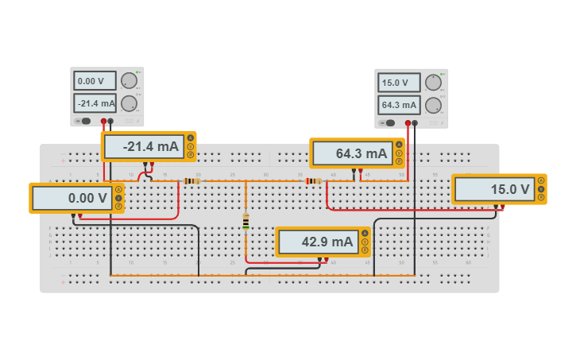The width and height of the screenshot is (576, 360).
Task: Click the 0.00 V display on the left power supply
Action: click(95, 81)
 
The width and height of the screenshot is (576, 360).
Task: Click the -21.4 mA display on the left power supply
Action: click(95, 103)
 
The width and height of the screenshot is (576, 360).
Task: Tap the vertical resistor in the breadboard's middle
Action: click(245, 221)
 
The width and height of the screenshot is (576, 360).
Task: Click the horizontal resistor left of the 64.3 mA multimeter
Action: click(314, 180)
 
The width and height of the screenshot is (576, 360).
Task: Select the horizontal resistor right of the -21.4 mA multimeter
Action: click(191, 180)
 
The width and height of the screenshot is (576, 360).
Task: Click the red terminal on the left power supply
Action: click(103, 122)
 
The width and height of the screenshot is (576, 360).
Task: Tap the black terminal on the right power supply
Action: click(415, 123)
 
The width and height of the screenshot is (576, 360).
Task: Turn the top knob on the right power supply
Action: click(433, 83)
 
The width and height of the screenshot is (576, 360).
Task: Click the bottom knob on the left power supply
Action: click(129, 103)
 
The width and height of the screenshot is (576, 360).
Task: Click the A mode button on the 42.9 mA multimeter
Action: click(365, 233)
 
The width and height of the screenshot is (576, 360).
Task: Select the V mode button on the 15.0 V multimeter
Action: click(540, 189)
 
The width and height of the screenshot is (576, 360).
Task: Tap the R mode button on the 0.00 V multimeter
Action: click(118, 207)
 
